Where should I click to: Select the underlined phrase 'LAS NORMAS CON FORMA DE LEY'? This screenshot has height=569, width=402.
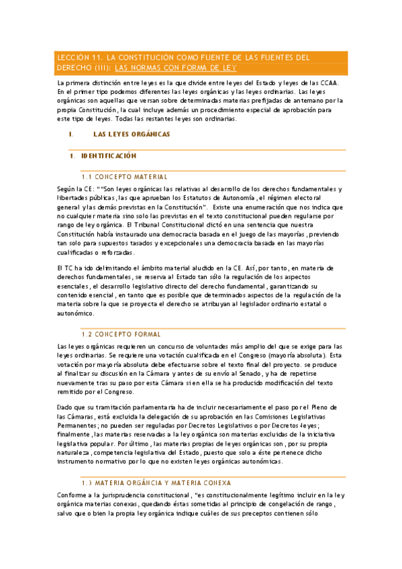click(176, 68)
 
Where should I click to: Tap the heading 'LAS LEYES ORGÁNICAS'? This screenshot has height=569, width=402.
click(132, 134)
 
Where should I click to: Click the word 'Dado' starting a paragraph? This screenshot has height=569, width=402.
click(66, 407)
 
